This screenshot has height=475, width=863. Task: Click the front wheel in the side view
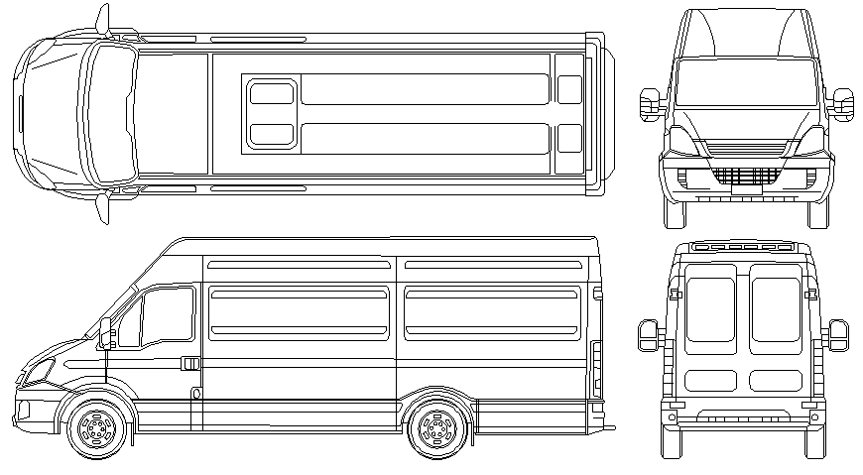click(x=96, y=429)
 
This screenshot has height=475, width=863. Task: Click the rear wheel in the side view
click(x=435, y=429)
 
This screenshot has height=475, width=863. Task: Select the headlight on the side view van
click(x=38, y=371)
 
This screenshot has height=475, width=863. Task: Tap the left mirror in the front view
click(x=651, y=104)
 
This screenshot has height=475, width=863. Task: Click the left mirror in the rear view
click(x=646, y=334)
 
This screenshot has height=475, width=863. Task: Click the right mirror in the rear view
click(x=839, y=334)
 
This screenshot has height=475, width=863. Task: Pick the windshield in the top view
click(x=107, y=115)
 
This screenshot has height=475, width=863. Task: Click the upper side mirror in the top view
click(x=102, y=21)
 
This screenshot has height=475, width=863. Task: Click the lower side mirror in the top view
click(x=102, y=206)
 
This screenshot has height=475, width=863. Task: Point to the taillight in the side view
click(x=596, y=366)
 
